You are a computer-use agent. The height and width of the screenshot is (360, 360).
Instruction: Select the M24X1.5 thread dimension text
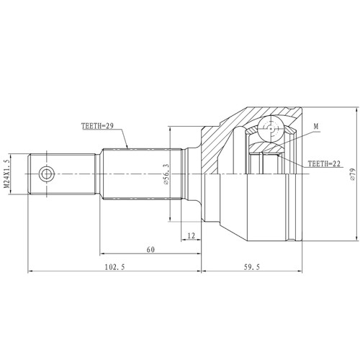6,174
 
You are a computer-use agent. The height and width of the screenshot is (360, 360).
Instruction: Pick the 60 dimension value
150,250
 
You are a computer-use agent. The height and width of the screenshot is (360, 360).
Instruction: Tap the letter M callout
316,127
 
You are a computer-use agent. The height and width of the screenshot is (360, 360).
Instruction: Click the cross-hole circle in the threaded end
47,174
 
